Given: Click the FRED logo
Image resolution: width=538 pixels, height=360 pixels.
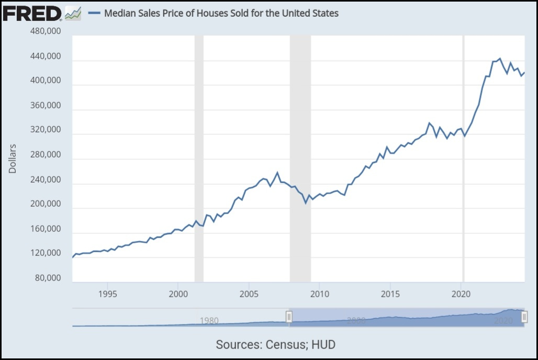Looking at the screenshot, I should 32,14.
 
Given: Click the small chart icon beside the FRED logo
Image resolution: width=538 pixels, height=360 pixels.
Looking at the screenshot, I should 73,14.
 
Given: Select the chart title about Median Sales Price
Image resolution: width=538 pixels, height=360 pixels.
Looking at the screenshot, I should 221,13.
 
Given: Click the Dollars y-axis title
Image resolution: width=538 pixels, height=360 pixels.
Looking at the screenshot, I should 13,159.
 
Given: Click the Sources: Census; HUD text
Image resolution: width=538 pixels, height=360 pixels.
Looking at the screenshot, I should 275,344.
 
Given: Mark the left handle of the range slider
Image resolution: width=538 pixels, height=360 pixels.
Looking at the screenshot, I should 288,316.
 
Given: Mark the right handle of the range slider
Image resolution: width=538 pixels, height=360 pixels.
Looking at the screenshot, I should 524,316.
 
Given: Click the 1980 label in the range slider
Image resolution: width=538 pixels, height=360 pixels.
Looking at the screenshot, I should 209,320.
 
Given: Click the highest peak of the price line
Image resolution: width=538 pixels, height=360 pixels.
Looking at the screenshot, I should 500,59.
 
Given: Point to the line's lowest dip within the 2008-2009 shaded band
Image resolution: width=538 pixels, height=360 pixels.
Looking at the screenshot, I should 306,203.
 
